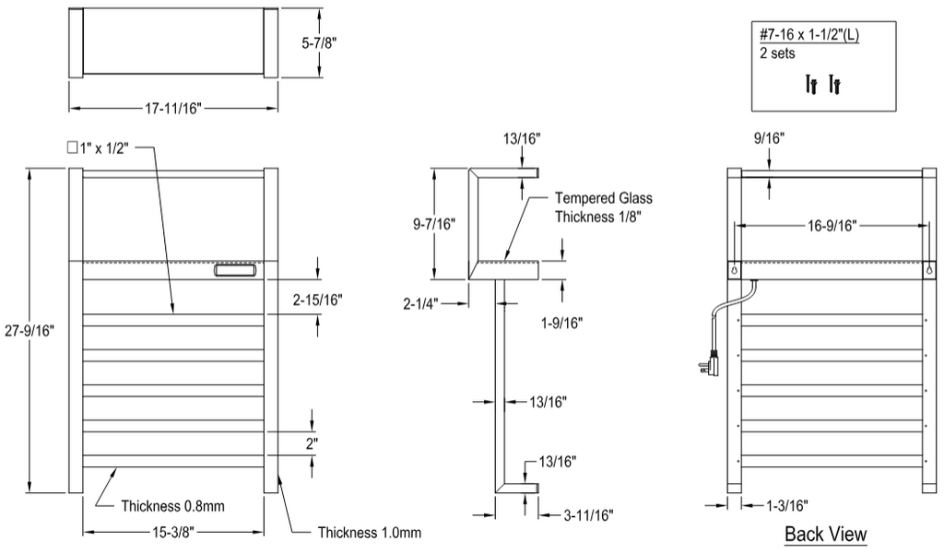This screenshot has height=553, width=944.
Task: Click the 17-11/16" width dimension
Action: (x=172, y=109)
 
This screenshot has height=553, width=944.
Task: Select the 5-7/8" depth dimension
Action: (x=319, y=42)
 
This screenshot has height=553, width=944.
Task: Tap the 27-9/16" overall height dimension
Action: (x=29, y=330)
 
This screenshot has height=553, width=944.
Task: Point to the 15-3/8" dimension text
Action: (x=172, y=532)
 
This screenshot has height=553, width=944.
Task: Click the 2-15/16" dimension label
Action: (x=318, y=300)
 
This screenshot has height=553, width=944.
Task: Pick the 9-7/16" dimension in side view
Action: (x=434, y=224)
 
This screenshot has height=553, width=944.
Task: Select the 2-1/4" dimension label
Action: (x=420, y=304)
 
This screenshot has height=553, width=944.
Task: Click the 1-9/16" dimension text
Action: (x=561, y=324)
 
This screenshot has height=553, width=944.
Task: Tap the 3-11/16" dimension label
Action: (x=589, y=515)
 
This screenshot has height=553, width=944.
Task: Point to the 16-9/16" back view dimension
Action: (x=832, y=226)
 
